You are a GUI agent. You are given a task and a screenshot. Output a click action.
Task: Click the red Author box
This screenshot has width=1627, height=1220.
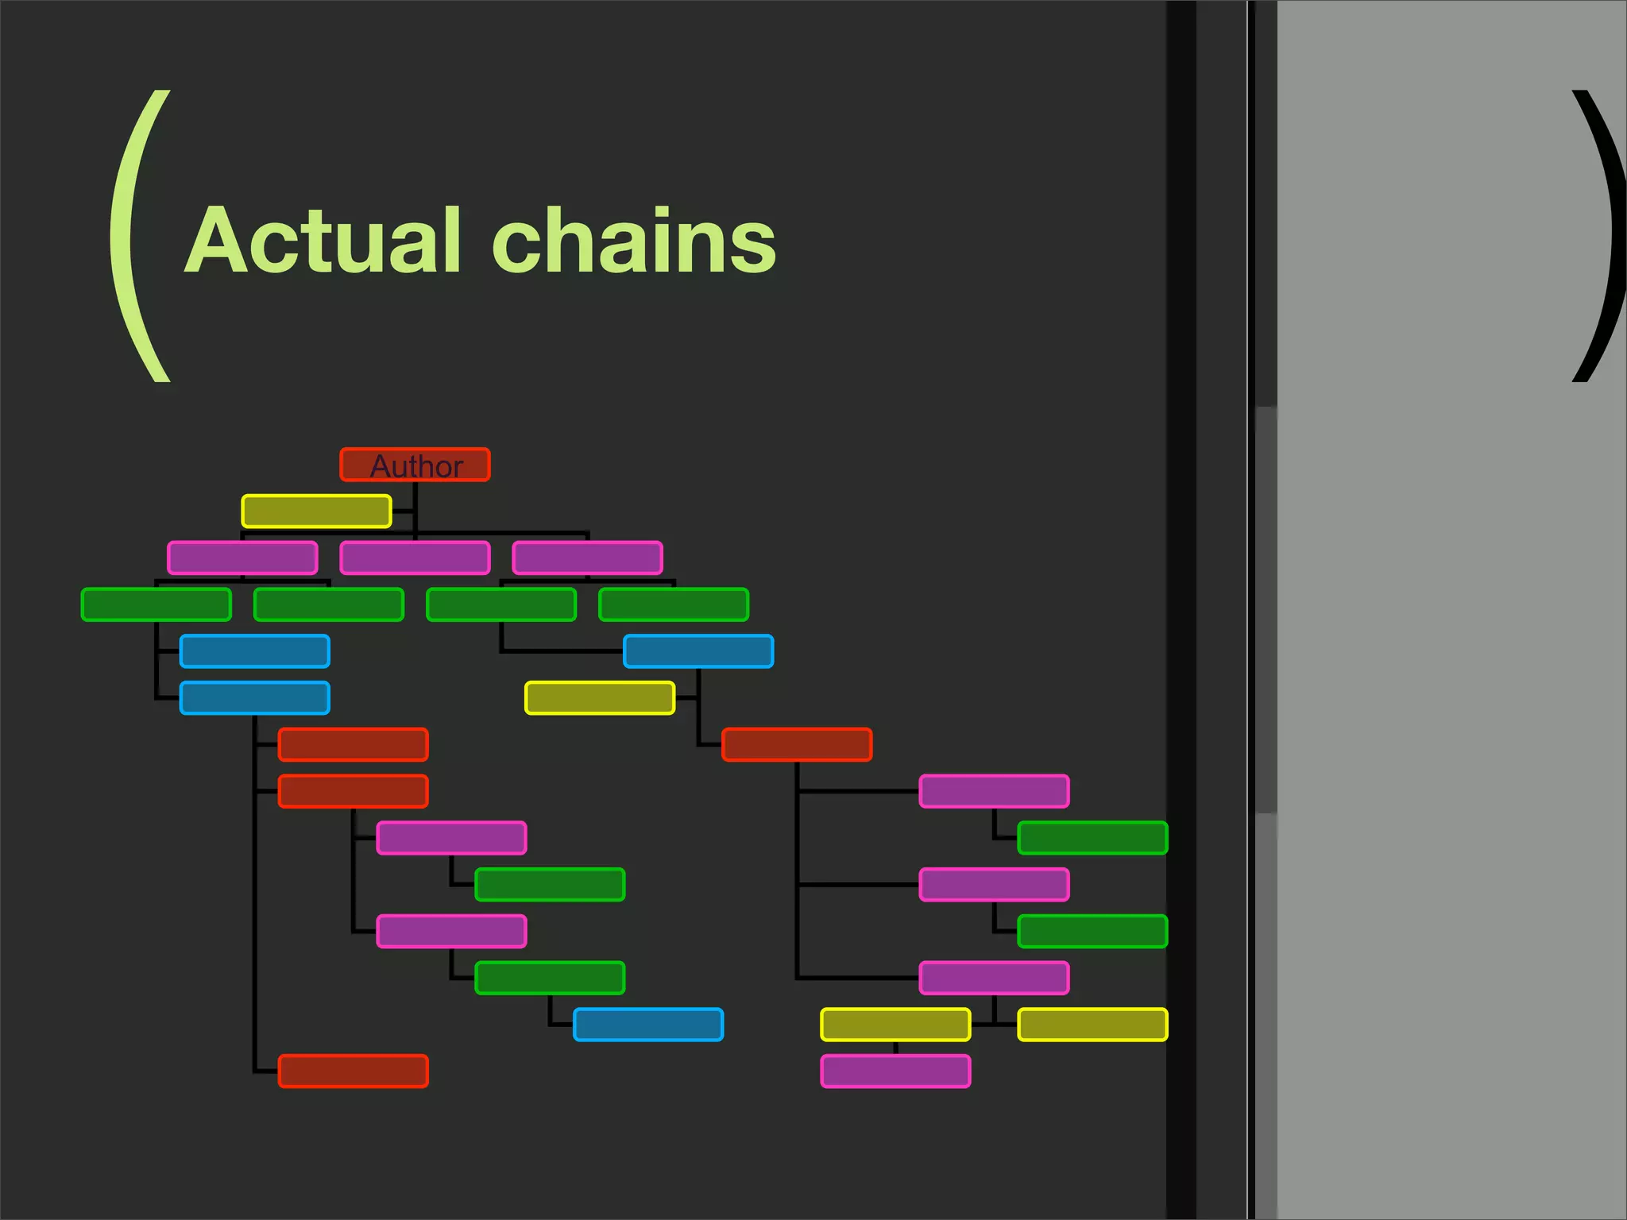(415, 465)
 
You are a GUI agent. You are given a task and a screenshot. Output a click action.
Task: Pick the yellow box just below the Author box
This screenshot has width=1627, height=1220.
(316, 512)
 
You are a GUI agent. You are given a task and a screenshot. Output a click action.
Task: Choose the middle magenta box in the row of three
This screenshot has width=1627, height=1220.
(415, 558)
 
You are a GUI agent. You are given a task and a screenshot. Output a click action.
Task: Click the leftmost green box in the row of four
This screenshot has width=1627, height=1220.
(157, 604)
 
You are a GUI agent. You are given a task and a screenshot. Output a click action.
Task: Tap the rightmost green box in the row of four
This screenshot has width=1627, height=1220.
(673, 604)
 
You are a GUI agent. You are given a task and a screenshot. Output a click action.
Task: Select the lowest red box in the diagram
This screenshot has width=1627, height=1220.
(353, 1071)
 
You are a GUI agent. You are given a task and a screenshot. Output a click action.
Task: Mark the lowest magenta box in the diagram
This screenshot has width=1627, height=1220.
(895, 1071)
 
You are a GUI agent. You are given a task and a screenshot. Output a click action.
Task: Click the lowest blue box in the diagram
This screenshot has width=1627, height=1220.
(648, 1025)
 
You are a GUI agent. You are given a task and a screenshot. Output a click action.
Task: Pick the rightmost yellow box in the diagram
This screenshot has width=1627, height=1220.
(1092, 1025)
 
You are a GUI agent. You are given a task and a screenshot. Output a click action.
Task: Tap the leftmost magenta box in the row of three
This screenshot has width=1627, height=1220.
(242, 558)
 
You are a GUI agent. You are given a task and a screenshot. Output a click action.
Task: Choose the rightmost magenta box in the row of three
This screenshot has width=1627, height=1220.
(587, 558)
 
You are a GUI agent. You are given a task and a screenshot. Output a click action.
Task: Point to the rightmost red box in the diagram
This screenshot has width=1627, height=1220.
(797, 744)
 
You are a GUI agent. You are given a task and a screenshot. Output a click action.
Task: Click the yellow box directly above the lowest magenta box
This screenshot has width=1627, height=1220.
(895, 1025)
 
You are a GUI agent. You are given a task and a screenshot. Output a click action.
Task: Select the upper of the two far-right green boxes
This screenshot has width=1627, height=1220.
(1092, 838)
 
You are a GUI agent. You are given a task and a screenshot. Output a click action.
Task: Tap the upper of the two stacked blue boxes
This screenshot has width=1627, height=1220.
(254, 651)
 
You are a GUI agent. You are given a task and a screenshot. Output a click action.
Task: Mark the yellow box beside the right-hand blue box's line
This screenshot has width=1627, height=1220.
(600, 698)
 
